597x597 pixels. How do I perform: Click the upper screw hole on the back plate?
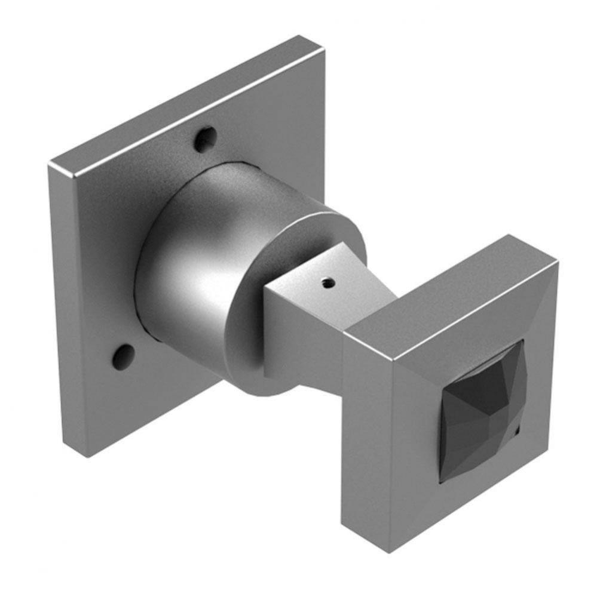coord(204,140)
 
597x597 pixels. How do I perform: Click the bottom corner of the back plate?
coord(87,454)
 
